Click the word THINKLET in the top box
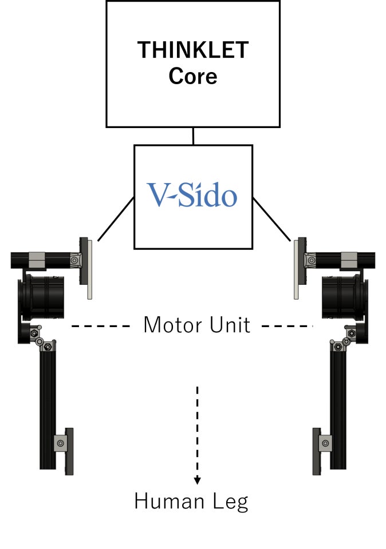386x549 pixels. point(193,50)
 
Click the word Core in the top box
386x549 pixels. point(193,76)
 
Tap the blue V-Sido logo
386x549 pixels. point(192,196)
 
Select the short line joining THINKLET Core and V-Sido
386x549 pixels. point(193,136)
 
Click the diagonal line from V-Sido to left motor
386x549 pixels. point(116,219)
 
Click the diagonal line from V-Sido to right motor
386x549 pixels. point(271,219)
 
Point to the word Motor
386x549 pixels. point(170,325)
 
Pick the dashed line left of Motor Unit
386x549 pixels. point(101,326)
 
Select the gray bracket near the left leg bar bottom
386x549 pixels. point(60,443)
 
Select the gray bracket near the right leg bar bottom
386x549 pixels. point(325,443)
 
